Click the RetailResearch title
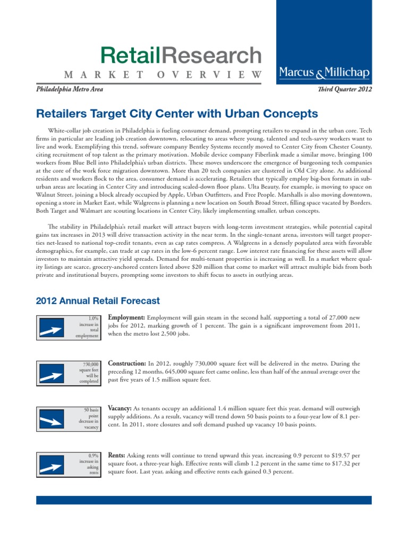coord(181,55)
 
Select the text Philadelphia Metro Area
coord(69,89)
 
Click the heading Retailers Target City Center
coord(176,114)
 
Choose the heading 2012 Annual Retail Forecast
coord(98,301)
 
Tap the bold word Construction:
coord(128,364)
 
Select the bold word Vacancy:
coord(120,408)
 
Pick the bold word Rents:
coord(116,456)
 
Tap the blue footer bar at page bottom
coord(204,500)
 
